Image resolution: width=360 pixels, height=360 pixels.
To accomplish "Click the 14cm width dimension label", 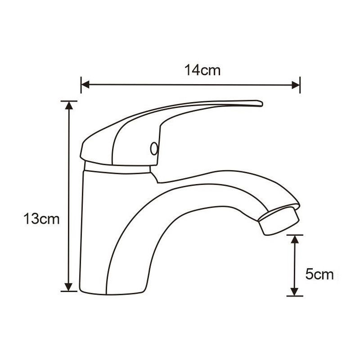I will click(x=202, y=70).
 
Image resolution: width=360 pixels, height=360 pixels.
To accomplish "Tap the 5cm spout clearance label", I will click(x=319, y=274).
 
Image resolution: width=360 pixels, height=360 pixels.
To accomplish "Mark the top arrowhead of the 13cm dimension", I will click(x=68, y=105).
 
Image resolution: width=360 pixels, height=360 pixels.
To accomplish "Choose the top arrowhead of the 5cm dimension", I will click(x=295, y=238).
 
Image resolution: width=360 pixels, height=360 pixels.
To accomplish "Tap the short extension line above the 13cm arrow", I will click(x=68, y=100).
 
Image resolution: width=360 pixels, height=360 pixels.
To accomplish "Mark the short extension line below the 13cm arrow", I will click(x=68, y=292).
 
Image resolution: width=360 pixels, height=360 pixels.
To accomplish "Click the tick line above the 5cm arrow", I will click(x=295, y=234).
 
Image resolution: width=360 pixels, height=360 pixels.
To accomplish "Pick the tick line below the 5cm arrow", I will click(x=295, y=296).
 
